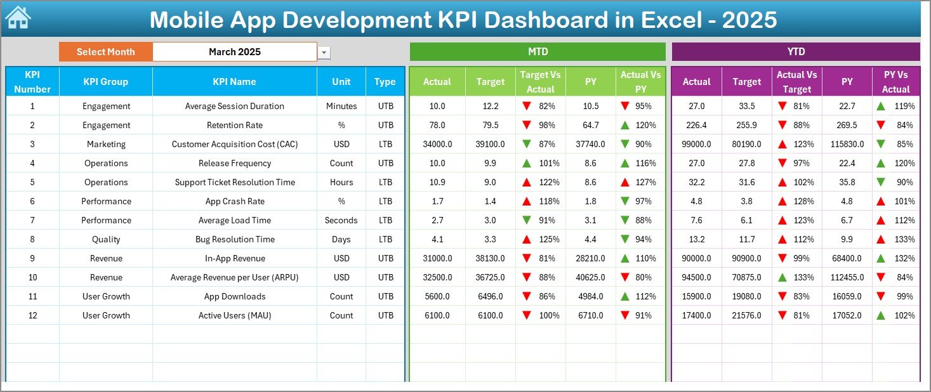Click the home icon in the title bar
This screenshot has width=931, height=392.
pyautogui.click(x=18, y=18)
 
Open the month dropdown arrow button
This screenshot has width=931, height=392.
pyautogui.click(x=324, y=53)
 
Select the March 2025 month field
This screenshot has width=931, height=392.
pyautogui.click(x=235, y=52)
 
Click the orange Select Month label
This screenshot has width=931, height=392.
pyautogui.click(x=105, y=52)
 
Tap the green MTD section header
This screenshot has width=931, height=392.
pyautogui.click(x=538, y=51)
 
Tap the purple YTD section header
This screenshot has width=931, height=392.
pyautogui.click(x=795, y=51)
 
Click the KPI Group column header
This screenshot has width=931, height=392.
pyautogui.click(x=105, y=82)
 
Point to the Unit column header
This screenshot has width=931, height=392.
pyautogui.click(x=341, y=82)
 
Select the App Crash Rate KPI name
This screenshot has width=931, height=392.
pyautogui.click(x=235, y=201)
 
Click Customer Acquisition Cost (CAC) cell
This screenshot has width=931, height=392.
pyautogui.click(x=235, y=144)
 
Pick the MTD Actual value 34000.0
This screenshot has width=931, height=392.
pyautogui.click(x=437, y=144)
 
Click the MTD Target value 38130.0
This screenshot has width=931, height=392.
pyautogui.click(x=491, y=258)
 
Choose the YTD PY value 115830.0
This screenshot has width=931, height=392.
pyautogui.click(x=847, y=144)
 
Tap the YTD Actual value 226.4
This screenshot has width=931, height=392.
pyautogui.click(x=696, y=125)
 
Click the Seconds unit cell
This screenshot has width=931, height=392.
pyautogui.click(x=341, y=220)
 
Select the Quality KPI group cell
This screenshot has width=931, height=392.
pyautogui.click(x=105, y=239)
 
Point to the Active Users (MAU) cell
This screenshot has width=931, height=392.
pyautogui.click(x=235, y=315)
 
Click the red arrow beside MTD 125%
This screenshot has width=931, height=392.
pyautogui.click(x=526, y=239)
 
